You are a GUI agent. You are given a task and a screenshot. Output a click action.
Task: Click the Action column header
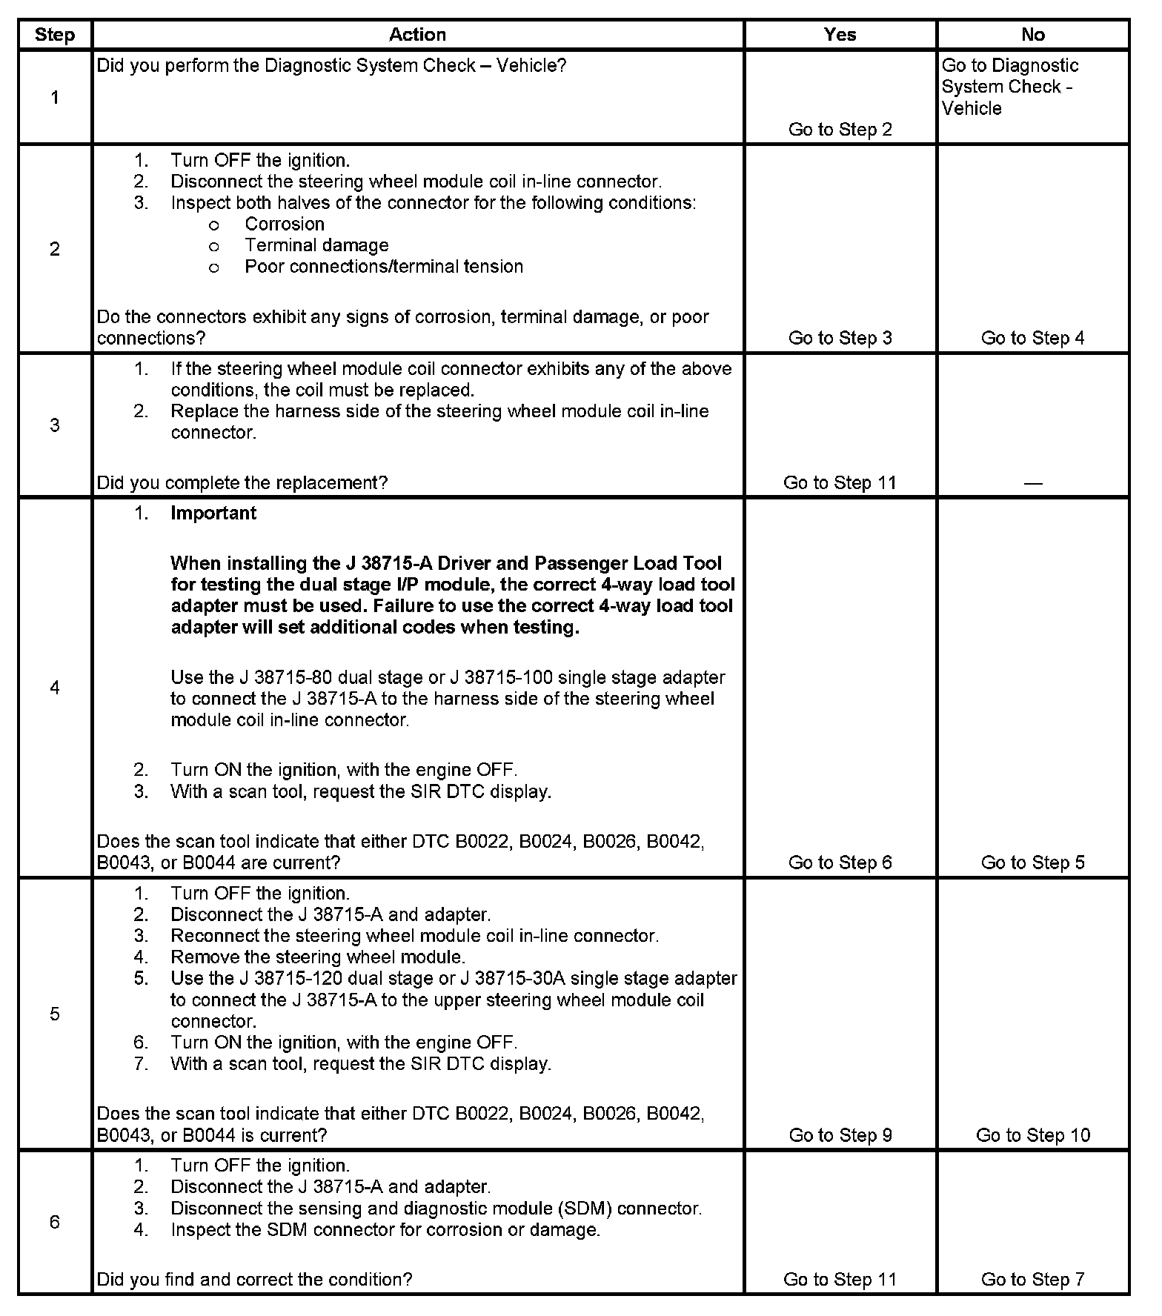(417, 35)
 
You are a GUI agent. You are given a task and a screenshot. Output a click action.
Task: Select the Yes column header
(840, 35)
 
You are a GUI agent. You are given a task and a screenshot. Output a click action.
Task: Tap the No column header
(1032, 35)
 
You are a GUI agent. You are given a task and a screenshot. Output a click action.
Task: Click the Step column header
(55, 35)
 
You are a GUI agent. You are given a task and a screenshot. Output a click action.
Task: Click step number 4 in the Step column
(55, 688)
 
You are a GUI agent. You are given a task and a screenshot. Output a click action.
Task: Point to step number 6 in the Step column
(55, 1222)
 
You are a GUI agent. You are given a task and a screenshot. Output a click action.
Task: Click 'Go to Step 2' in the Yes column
(840, 130)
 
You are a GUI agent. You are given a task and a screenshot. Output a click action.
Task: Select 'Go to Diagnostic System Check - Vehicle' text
(1009, 87)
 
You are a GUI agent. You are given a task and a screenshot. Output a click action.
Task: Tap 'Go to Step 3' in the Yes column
(840, 338)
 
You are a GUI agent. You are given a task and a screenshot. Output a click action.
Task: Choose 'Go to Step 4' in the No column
(1032, 338)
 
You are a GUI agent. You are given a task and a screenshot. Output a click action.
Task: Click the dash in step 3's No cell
(1032, 483)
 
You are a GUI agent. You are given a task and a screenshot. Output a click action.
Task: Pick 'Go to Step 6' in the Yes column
(840, 863)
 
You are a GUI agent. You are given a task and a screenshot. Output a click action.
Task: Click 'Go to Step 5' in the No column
(1032, 863)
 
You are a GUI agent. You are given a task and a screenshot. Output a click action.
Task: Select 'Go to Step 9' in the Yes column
(840, 1135)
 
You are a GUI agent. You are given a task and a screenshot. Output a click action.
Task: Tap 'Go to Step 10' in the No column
(1032, 1135)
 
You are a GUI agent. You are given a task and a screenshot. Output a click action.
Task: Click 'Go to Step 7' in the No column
(1032, 1280)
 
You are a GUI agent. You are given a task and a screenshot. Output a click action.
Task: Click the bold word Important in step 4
(213, 514)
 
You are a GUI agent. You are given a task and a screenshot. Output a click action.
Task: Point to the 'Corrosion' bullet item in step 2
(285, 224)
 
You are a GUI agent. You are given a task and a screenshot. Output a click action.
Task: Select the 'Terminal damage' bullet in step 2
(316, 245)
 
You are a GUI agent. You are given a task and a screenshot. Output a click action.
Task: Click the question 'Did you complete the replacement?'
(242, 483)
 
